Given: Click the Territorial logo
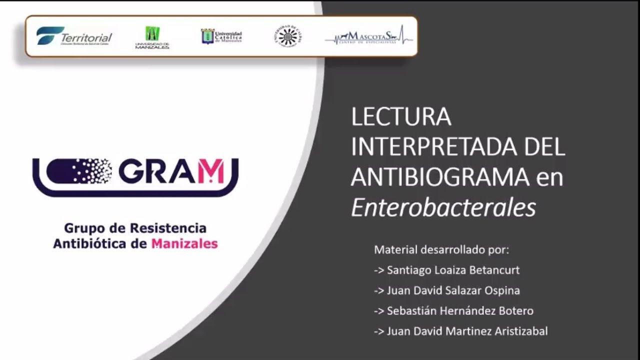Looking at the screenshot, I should pyautogui.click(x=74, y=36).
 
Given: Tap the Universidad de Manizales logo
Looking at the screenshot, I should pyautogui.click(x=152, y=37).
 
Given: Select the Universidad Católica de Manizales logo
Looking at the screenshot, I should pyautogui.click(x=221, y=36).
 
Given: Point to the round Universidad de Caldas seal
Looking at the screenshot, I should pyautogui.click(x=287, y=36).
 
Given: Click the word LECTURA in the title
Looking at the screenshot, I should pyautogui.click(x=401, y=117).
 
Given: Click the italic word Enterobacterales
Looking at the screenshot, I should pyautogui.click(x=443, y=207).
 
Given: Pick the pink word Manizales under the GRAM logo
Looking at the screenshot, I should pyautogui.click(x=184, y=244).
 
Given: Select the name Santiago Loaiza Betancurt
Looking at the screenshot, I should pyautogui.click(x=453, y=270).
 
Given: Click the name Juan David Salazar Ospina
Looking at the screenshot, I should pyautogui.click(x=453, y=290).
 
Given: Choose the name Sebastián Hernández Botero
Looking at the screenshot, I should pyautogui.click(x=460, y=311).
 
